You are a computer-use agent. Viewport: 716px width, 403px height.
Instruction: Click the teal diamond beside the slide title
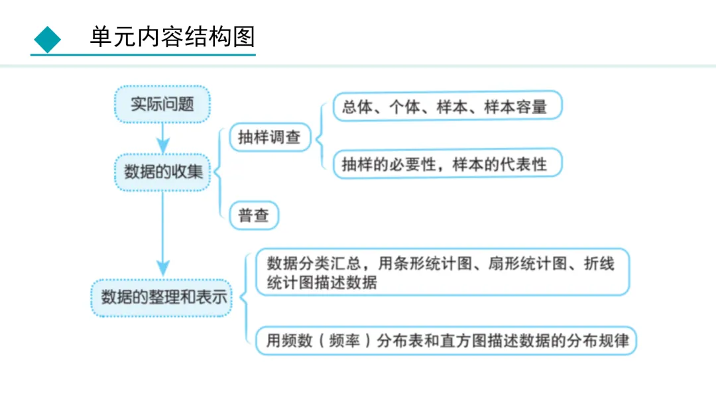[47, 39]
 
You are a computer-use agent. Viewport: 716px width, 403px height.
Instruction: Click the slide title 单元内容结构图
[172, 37]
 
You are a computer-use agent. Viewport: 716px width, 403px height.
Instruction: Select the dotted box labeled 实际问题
[162, 104]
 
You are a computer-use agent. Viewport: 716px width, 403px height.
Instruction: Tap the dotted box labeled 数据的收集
[163, 172]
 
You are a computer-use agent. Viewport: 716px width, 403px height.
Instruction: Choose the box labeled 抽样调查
[269, 137]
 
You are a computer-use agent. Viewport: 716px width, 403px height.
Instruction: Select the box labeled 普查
[253, 215]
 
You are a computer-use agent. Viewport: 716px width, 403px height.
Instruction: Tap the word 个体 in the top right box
[404, 107]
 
